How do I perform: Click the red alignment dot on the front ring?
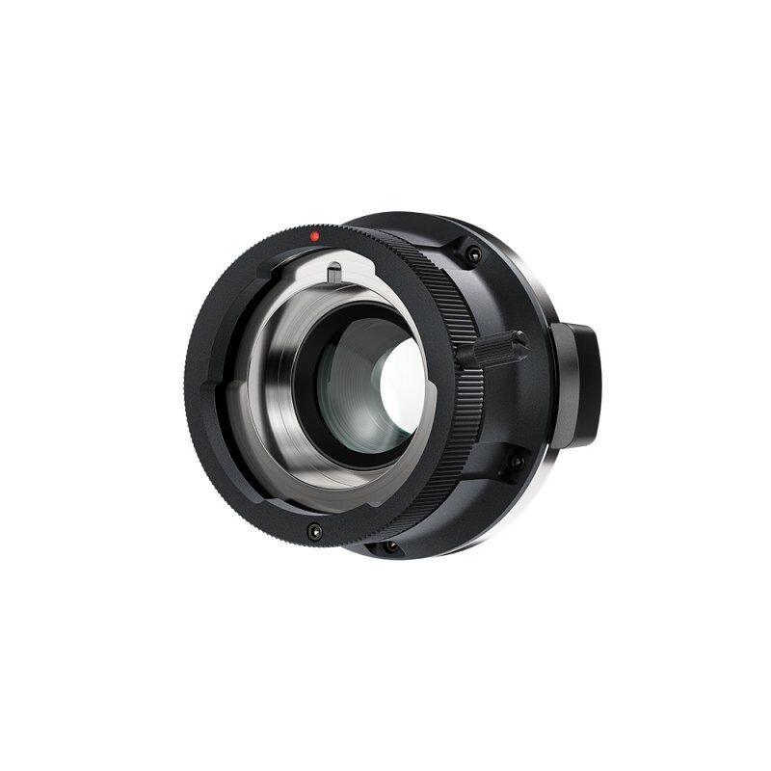click(x=314, y=236)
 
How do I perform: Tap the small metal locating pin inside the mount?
click(x=333, y=273)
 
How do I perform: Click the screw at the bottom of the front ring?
click(x=314, y=530)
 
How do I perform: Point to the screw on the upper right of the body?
click(x=473, y=254)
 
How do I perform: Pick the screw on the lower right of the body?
click(x=517, y=462)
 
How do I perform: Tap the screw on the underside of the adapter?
click(x=390, y=546)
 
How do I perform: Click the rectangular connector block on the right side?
click(x=575, y=385)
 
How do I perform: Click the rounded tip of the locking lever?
click(x=521, y=340)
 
